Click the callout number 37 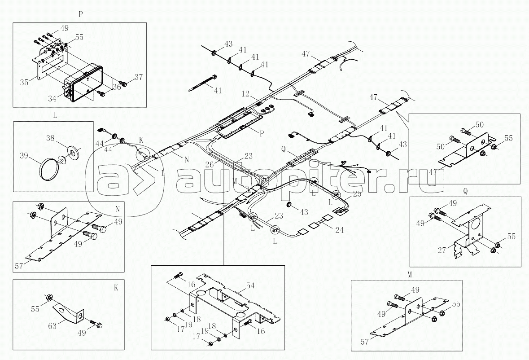click(139, 77)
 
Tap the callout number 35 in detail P click(24, 82)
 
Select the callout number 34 click(52, 98)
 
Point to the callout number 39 click(24, 156)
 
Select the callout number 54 click(250, 286)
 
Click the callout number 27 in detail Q click(442, 250)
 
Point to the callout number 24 click(339, 230)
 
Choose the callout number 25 click(357, 194)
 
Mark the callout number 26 click(210, 164)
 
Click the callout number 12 click(245, 93)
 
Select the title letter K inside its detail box click(116, 288)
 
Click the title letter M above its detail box click(410, 275)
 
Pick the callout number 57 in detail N click(19, 266)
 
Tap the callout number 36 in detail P click(117, 87)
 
